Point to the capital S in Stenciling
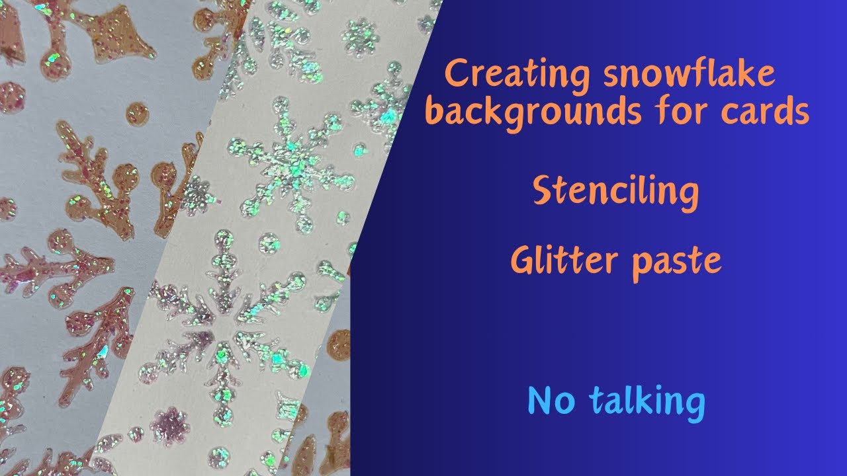click(x=544, y=192)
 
